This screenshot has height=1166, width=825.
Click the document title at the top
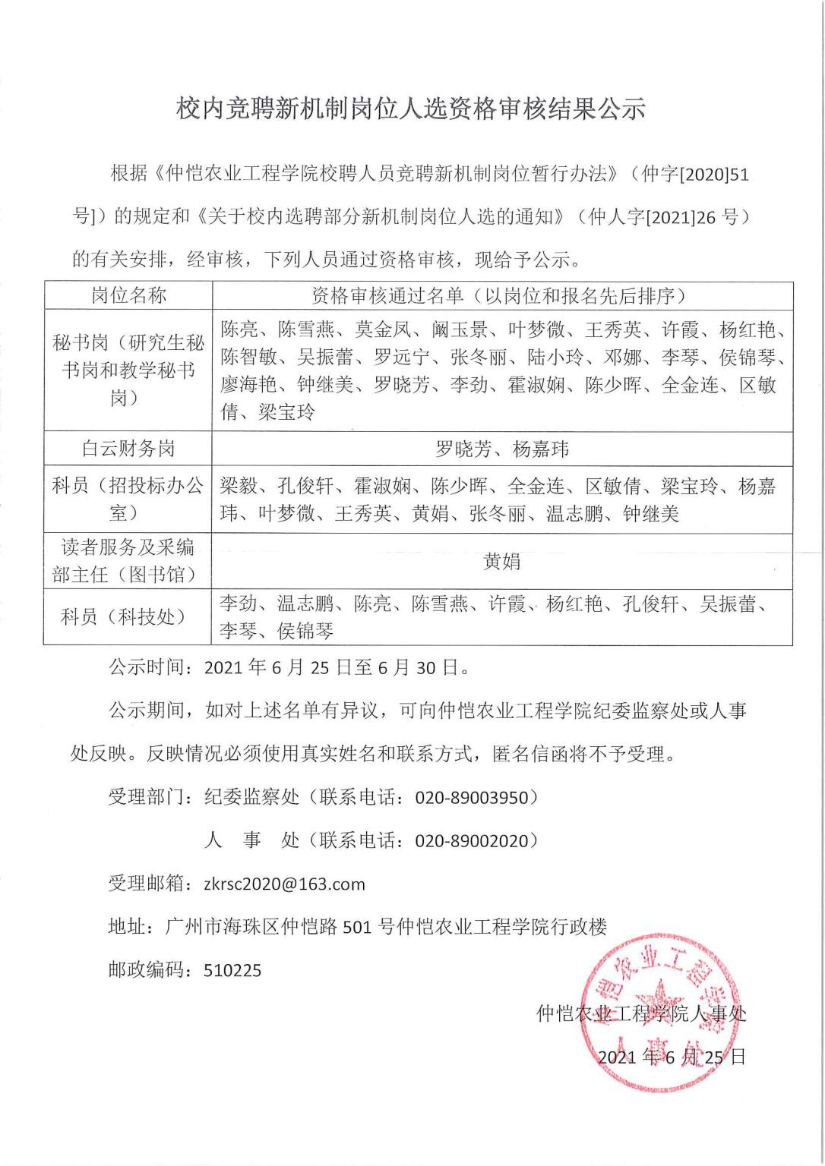coord(411,109)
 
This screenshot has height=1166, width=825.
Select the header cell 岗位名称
coord(128,295)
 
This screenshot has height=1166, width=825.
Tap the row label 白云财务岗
coord(128,448)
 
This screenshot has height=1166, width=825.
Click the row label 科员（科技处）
coord(128,616)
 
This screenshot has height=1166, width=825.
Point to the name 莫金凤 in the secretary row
coord(384,329)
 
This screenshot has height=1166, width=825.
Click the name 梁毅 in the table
coord(239,486)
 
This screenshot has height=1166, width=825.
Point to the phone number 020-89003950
coord(470,797)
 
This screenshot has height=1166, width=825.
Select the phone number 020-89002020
coord(470,840)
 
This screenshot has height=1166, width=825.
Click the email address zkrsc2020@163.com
coord(285,884)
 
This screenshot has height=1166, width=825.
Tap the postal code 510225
coord(232,969)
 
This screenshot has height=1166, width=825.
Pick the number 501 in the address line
coord(358,926)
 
